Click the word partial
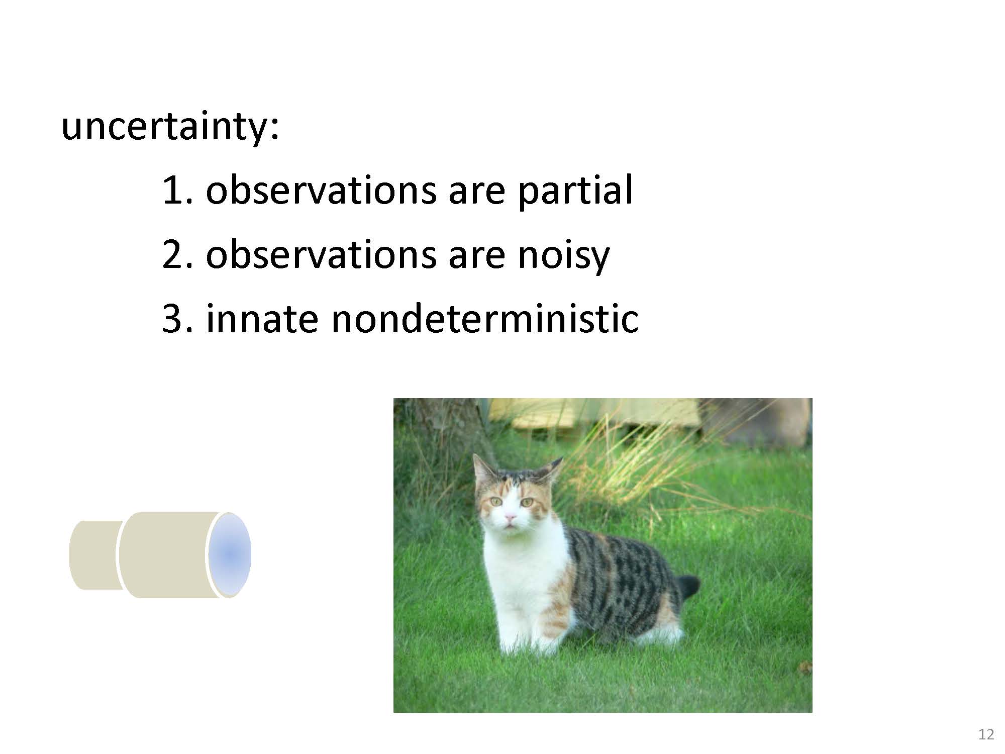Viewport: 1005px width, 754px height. click(575, 191)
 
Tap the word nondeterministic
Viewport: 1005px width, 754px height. click(485, 319)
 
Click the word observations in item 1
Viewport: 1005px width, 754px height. click(321, 191)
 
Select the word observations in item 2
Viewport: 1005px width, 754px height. click(321, 255)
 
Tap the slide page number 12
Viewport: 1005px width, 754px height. click(986, 734)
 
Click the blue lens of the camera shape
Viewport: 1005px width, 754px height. click(230, 554)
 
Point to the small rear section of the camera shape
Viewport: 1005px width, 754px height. click(95, 555)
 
